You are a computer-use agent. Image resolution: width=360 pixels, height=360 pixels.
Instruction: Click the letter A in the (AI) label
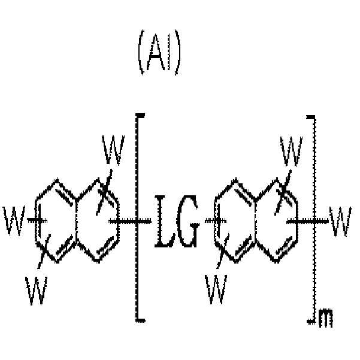[x=156, y=52]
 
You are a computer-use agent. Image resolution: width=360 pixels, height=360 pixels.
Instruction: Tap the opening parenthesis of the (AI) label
[x=141, y=52]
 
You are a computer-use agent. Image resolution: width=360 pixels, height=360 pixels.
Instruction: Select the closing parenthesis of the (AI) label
[x=178, y=52]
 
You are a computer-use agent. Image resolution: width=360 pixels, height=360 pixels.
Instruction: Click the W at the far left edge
[x=14, y=221]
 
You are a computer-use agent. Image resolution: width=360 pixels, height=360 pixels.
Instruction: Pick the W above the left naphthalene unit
[x=113, y=150]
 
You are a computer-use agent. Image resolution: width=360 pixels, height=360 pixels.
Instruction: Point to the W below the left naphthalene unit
[x=37, y=291]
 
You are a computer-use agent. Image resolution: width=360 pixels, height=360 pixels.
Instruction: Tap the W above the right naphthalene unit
[x=291, y=152]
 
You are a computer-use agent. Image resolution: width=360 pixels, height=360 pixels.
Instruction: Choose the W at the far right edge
[x=340, y=221]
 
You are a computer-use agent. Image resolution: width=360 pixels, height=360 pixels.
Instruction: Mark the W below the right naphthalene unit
[x=216, y=289]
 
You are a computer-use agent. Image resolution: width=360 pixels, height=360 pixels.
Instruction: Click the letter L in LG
[x=164, y=221]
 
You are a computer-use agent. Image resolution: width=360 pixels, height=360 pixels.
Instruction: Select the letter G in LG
[x=186, y=221]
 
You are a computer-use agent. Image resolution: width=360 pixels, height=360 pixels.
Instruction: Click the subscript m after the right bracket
[x=326, y=319]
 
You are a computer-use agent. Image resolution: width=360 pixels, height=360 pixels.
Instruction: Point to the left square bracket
[x=137, y=217]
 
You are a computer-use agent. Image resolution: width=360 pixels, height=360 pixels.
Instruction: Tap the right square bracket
[x=314, y=220]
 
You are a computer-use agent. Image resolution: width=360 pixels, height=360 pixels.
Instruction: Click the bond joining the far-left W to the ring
[x=37, y=220]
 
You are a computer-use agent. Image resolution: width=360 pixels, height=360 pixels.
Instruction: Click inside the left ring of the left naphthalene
[x=56, y=220]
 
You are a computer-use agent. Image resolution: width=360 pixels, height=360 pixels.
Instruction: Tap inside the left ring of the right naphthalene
[x=235, y=220]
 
